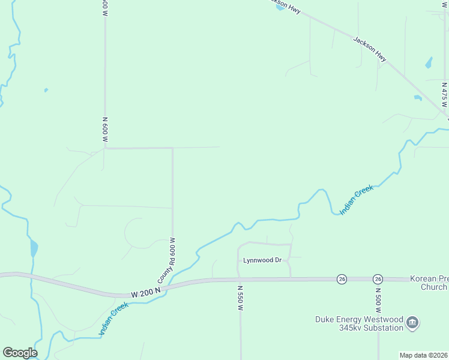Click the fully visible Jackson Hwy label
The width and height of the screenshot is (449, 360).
pos(370,49)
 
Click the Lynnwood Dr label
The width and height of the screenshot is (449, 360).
pos(262,260)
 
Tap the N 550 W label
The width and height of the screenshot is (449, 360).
pos(240,297)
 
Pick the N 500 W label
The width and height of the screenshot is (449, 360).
pos(378,302)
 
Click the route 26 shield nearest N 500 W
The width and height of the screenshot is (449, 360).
pos(378,279)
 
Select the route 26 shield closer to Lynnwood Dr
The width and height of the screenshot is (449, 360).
pos(342,279)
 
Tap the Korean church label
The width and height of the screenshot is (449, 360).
pos(429,283)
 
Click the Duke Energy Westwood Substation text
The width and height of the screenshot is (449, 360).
pos(359,323)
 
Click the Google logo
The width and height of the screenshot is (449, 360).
pos(20,353)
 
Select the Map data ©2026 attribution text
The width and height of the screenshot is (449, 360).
pos(424,355)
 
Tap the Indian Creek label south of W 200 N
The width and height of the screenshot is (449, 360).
pos(113,319)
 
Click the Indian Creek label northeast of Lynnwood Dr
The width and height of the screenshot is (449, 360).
pos(357,200)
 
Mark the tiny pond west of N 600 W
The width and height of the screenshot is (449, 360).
pos(46,91)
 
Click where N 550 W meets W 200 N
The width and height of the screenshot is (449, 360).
pos(240,279)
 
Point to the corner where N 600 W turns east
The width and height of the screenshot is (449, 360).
pos(106,148)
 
